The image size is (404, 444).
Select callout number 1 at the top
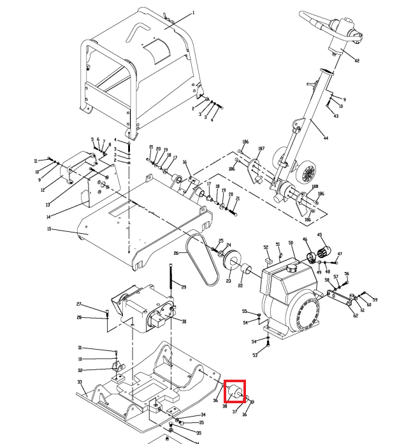pos(194,13)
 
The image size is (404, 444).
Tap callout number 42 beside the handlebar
pos(357,61)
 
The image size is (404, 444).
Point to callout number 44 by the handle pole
pos(326,138)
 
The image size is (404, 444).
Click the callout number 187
pos(261,149)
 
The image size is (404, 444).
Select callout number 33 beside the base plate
pos(80,382)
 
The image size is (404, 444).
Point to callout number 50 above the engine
pos(291,243)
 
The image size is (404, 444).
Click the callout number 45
pos(320,235)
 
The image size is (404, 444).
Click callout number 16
pos(184,162)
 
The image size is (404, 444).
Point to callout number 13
pos(48,205)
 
